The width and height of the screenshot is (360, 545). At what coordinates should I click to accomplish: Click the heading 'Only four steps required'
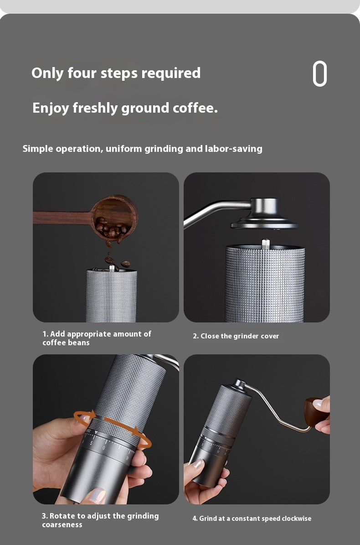tap(116, 73)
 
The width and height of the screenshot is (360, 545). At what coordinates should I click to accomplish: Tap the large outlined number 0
tap(320, 73)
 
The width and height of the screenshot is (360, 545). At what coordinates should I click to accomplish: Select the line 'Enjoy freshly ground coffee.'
tap(125, 109)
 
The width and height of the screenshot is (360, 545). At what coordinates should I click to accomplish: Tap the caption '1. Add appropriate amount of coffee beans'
tap(97, 338)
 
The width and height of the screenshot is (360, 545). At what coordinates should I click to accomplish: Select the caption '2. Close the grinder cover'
tap(236, 336)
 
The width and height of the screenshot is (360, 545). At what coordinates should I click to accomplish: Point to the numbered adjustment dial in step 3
tap(107, 445)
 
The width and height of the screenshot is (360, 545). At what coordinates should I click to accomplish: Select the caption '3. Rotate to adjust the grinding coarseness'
tap(100, 520)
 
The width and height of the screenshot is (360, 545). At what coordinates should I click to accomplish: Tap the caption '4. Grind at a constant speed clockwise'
tap(252, 519)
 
